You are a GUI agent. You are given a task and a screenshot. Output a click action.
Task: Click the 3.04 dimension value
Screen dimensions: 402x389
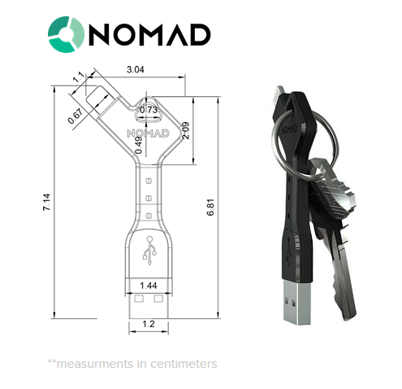click(x=136, y=69)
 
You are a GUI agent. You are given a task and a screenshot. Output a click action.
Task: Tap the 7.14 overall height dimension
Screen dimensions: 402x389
click(x=46, y=202)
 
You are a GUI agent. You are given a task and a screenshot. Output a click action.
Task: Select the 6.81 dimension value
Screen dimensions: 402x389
click(x=210, y=208)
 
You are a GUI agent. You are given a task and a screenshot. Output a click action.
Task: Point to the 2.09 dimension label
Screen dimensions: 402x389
click(x=186, y=130)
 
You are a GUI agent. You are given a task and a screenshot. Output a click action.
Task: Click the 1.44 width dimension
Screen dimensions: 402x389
click(x=149, y=286)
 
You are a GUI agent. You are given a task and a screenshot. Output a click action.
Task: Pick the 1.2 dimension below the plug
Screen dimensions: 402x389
click(x=149, y=324)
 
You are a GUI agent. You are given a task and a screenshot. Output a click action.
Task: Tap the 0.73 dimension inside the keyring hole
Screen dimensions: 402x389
click(x=149, y=110)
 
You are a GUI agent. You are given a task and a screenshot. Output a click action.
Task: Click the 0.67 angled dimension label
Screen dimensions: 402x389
click(x=76, y=116)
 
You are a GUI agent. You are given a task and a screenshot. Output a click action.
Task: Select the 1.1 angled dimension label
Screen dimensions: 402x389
click(x=79, y=77)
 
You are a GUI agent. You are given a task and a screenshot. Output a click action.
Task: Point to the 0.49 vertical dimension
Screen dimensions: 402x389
click(x=139, y=145)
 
